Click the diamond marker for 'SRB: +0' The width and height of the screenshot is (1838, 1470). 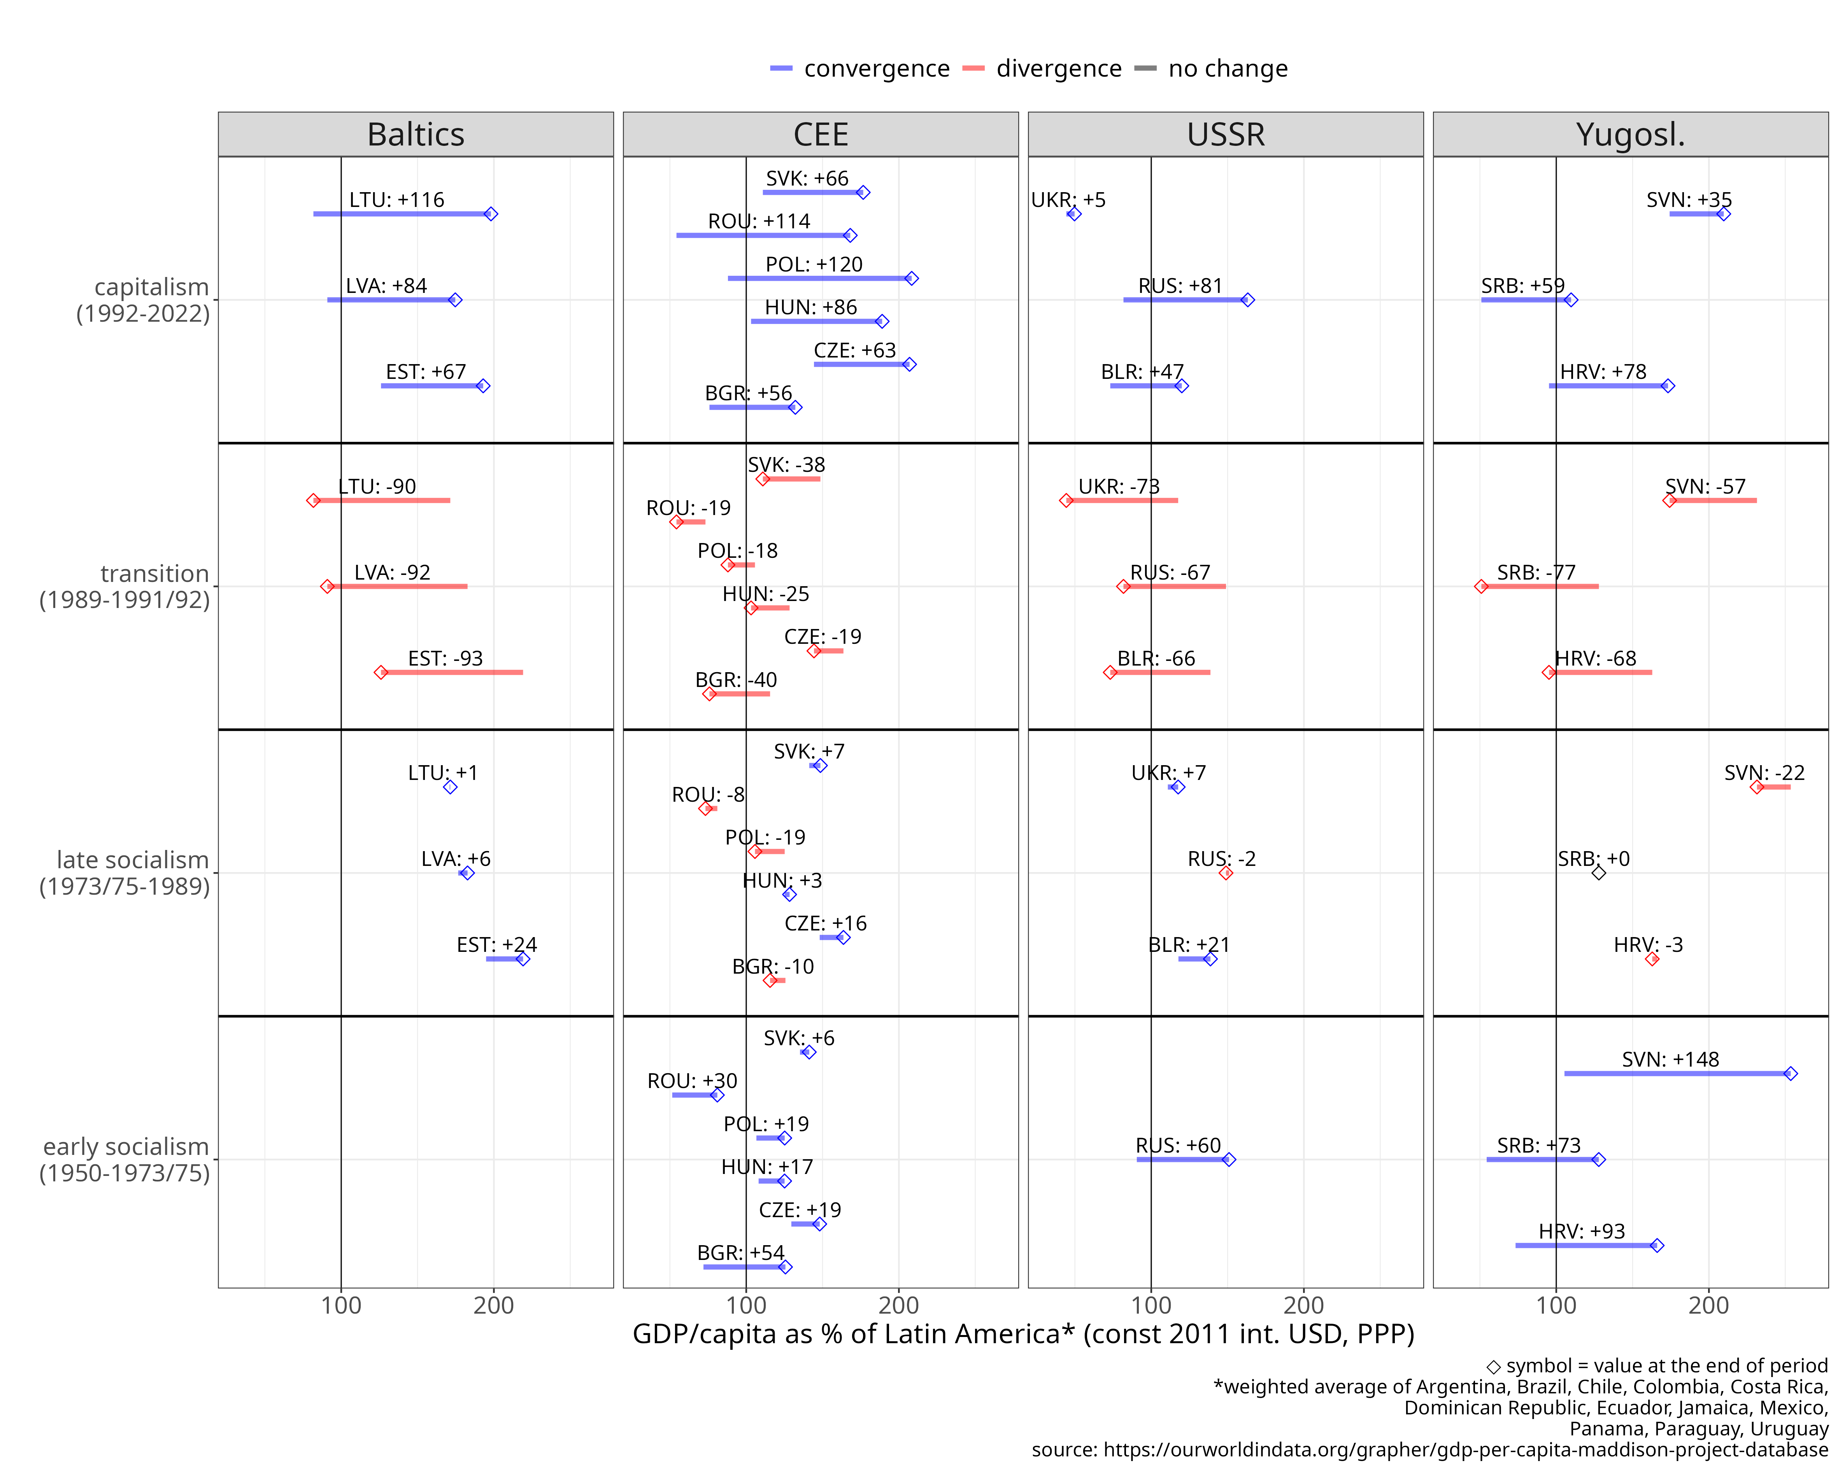1598,873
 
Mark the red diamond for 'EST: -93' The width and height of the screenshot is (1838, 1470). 381,672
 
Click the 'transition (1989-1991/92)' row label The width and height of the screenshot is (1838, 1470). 125,586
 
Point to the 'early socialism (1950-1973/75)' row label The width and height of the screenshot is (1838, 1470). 125,1160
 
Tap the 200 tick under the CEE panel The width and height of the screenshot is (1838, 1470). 898,1305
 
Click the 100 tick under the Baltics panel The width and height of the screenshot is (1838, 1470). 341,1305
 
